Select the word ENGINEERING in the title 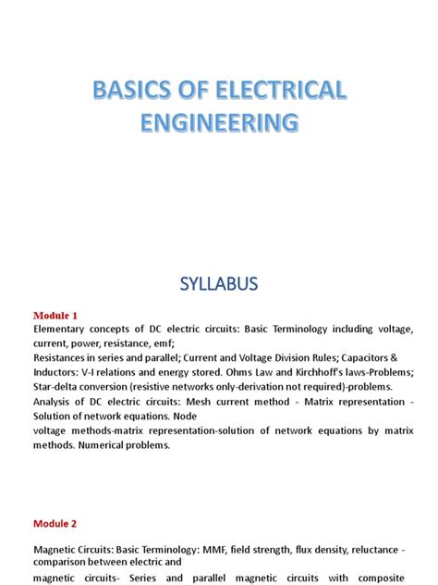[x=219, y=124]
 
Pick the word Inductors [x=57, y=373]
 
